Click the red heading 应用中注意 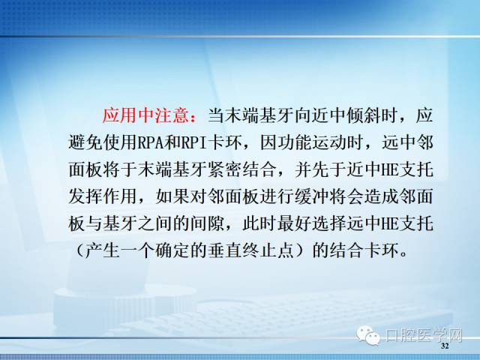coord(145,115)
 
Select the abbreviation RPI coord(194,142)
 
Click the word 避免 coord(85,142)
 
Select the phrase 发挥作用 coord(103,196)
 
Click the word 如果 coord(172,196)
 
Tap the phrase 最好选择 coord(312,223)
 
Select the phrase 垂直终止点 coord(250,250)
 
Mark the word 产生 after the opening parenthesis coord(103,250)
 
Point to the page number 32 coord(445,346)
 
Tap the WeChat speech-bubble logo coord(368,335)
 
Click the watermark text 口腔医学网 coord(424,335)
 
